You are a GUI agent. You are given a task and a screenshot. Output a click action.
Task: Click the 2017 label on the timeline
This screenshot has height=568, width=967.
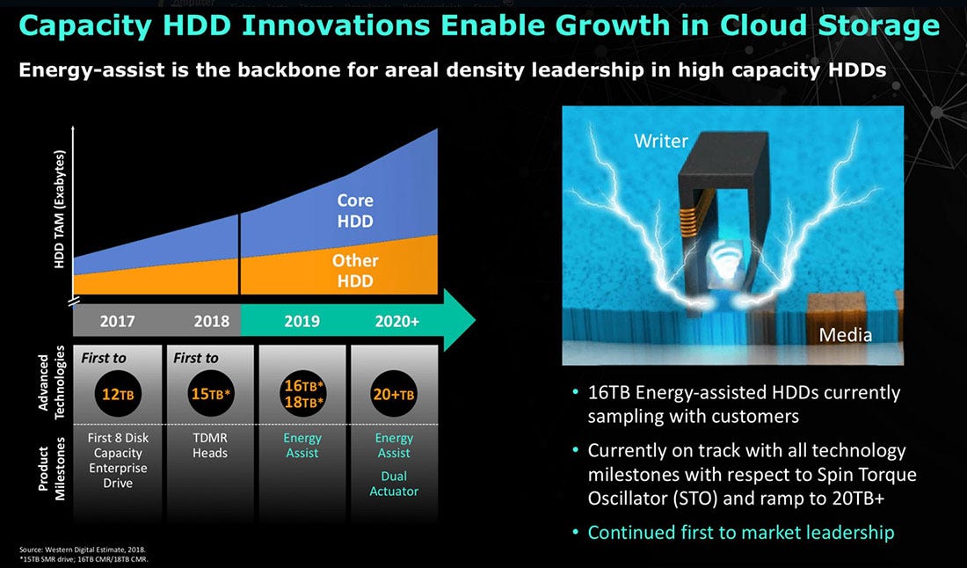tap(117, 321)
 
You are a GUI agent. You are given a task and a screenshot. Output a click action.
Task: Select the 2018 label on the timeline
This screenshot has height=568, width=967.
tap(212, 321)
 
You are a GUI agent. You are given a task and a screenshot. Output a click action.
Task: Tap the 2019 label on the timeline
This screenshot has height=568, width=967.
tap(302, 321)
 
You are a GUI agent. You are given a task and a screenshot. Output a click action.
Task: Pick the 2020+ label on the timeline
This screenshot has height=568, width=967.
tap(397, 321)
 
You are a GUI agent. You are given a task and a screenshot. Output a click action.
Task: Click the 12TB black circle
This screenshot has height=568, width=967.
tap(118, 394)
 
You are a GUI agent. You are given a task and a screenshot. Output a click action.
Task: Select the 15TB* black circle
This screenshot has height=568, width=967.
tap(210, 394)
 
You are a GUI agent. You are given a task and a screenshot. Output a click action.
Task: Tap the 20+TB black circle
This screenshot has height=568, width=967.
tap(394, 394)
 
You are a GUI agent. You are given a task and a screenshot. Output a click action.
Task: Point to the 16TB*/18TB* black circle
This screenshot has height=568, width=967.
tap(303, 394)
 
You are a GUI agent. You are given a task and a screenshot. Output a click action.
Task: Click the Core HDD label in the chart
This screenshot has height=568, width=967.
tap(355, 211)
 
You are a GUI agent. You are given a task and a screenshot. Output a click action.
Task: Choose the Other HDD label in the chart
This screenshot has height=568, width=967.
tap(354, 271)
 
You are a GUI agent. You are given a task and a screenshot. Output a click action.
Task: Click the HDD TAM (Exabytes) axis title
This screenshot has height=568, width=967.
tap(59, 209)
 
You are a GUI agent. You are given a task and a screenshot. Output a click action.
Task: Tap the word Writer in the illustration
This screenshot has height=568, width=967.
tap(660, 142)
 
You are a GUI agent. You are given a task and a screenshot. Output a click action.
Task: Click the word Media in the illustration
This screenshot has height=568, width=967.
tap(845, 335)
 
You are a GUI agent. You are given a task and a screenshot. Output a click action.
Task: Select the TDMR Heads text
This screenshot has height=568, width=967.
tap(210, 446)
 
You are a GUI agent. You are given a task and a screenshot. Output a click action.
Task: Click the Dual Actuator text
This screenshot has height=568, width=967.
tap(394, 484)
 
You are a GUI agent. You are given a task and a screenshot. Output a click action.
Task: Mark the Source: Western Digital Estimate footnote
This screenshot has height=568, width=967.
tap(83, 549)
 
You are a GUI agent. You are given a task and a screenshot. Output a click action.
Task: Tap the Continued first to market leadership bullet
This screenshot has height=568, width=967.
tap(741, 532)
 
